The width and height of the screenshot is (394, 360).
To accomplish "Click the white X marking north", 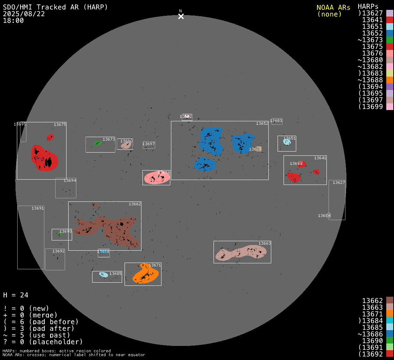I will (x=181, y=16).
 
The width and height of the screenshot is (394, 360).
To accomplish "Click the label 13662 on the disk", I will (x=135, y=204).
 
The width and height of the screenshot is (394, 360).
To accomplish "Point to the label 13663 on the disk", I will (x=265, y=243).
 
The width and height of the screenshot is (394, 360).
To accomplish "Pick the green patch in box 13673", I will (x=98, y=143).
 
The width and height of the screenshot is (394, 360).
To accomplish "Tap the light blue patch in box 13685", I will (x=103, y=275).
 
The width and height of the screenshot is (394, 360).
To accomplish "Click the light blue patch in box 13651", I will (x=287, y=142).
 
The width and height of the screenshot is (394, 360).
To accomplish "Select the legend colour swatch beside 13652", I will (x=389, y=33).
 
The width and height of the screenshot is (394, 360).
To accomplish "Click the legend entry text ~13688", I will (x=370, y=80).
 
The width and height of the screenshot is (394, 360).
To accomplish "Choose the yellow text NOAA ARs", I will (x=333, y=8).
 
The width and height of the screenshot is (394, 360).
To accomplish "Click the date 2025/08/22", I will (x=24, y=14).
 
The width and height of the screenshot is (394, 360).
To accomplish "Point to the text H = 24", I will (x=15, y=295).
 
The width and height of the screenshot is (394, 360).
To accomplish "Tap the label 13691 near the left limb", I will (x=38, y=208).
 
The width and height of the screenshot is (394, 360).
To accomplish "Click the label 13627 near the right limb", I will (x=339, y=182).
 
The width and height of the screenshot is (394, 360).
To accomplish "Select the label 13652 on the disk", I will (x=262, y=123).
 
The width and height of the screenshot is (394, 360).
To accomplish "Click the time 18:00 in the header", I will (x=13, y=20).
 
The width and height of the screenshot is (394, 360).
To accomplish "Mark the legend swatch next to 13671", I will (x=389, y=313).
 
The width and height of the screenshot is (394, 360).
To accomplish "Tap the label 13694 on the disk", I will (x=70, y=180).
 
